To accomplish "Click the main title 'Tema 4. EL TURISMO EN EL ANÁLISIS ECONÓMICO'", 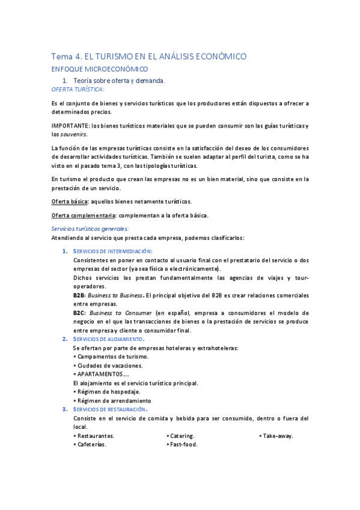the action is click(148, 57).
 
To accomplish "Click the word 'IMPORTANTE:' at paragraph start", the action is click(69, 125).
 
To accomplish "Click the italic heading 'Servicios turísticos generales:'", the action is click(90, 229).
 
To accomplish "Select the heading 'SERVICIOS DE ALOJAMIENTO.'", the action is click(109, 339).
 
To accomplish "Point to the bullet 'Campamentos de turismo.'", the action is click(112, 357).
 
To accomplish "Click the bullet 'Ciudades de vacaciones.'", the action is click(110, 366).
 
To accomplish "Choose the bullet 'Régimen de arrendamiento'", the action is click(114, 401).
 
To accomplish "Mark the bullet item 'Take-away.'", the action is click(277, 436).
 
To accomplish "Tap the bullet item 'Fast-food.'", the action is click(183, 445).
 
